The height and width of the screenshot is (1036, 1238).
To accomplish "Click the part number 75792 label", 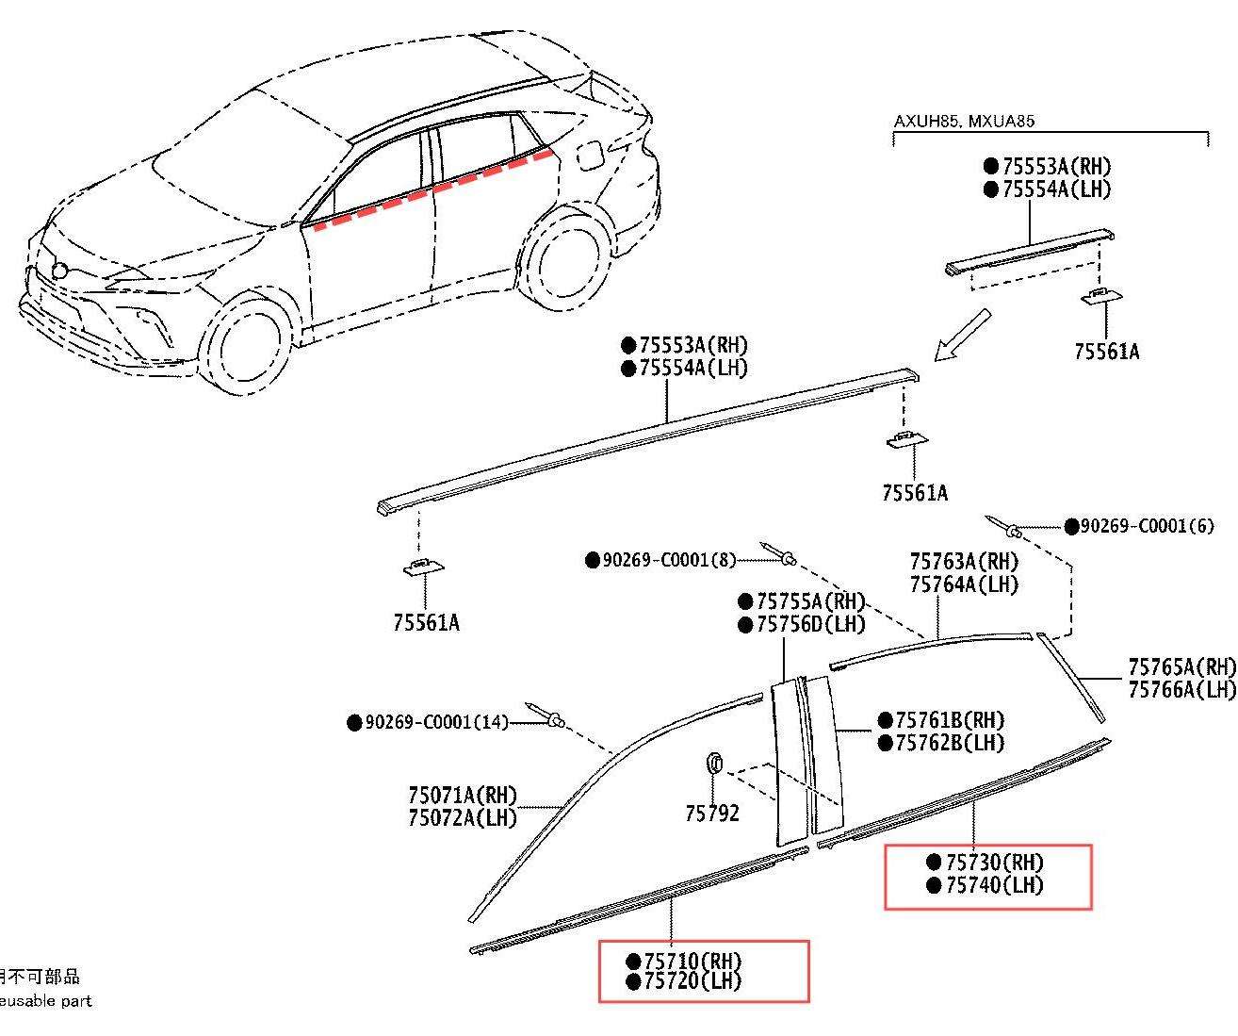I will point(712,813).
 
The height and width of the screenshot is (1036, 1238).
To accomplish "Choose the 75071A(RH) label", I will point(463,796).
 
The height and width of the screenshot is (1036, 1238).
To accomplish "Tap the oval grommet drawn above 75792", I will point(713,762).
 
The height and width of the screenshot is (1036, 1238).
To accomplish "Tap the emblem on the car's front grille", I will point(58,271).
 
